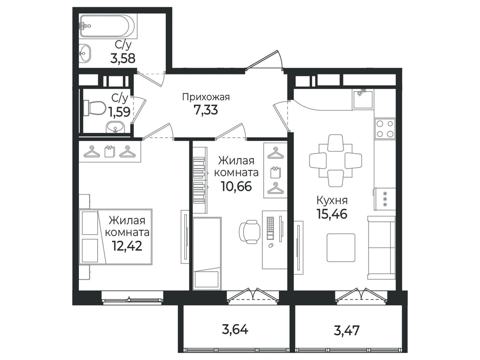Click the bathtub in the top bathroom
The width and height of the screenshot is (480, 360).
(x=108, y=26)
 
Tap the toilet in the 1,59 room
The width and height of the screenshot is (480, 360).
(x=95, y=108)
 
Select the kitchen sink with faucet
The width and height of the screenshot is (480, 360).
(x=362, y=99)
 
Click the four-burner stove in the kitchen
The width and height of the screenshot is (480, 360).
(x=385, y=129)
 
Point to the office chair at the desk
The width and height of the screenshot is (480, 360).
(x=250, y=232)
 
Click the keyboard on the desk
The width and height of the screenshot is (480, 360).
(x=270, y=228)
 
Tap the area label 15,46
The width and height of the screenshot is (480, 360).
(x=331, y=214)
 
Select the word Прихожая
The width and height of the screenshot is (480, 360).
(x=206, y=97)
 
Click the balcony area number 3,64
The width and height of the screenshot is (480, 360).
(x=235, y=329)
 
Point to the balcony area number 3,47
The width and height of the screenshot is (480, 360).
(x=346, y=330)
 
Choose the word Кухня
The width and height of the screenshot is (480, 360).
(x=332, y=200)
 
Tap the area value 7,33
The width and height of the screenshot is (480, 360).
(x=205, y=110)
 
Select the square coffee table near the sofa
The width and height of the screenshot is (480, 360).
(x=341, y=247)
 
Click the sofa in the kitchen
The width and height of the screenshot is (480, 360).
(x=381, y=248)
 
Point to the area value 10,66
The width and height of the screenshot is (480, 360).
(x=236, y=186)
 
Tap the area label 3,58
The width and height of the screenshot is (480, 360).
(x=123, y=58)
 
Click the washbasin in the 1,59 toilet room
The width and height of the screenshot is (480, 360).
(x=115, y=127)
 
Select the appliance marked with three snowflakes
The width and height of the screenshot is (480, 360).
(x=385, y=199)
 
